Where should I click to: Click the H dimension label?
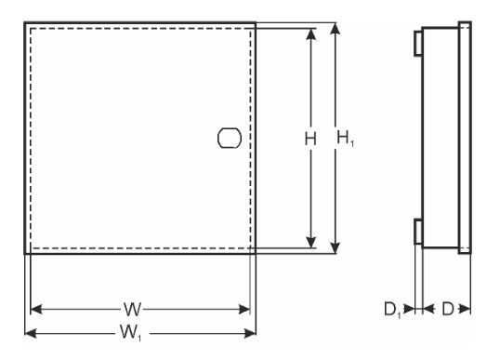pos(310,140)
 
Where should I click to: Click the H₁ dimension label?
pos(346,139)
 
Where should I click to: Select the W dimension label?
pos(133,309)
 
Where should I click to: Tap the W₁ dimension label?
pos(131,333)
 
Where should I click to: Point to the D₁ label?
pos(392,310)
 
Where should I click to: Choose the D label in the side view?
pos(448,309)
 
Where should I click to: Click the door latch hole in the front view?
pos(230,139)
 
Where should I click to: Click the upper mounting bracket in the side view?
pos(418,44)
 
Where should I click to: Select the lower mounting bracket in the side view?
pos(418,232)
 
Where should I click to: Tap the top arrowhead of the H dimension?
pos(311,34)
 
